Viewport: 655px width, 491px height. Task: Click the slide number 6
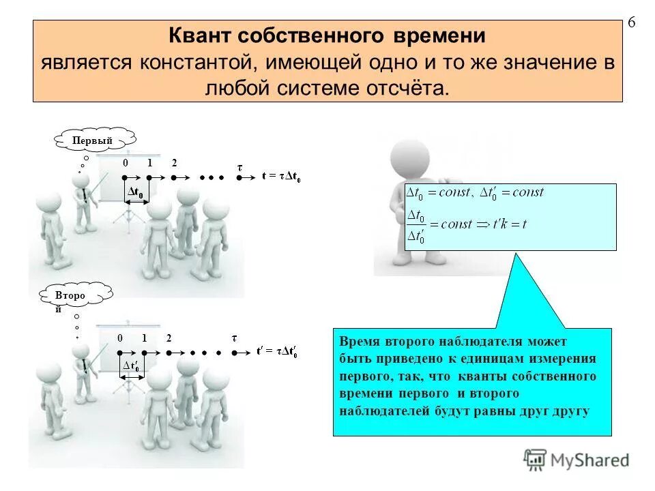tap(631, 23)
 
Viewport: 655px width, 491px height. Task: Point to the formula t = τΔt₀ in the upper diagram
tap(281, 177)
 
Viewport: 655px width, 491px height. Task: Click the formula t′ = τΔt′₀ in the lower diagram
tap(276, 352)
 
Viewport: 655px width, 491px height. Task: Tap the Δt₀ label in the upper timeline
tap(136, 194)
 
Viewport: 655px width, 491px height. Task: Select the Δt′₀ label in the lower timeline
tap(132, 367)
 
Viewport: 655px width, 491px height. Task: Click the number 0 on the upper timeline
tap(126, 163)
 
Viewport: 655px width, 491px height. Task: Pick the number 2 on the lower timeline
tap(168, 339)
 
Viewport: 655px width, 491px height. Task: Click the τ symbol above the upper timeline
tap(239, 165)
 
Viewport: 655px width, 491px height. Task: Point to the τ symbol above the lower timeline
tap(234, 339)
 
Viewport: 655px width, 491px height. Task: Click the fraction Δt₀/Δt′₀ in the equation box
tap(416, 227)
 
